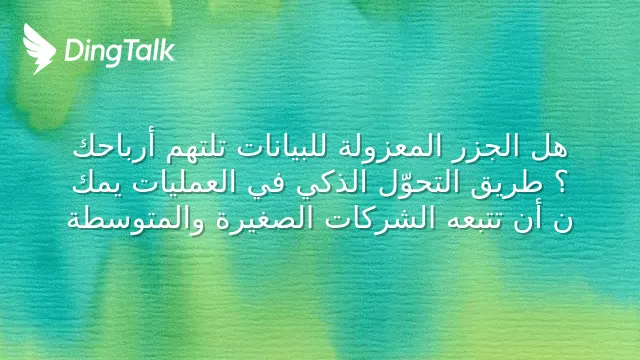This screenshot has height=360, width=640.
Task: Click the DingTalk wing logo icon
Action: pos(39,49)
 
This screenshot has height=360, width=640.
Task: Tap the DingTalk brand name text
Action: pos(120,52)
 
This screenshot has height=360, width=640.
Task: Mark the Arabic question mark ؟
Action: pos(561,183)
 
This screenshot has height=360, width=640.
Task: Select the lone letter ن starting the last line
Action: pos(562,223)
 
